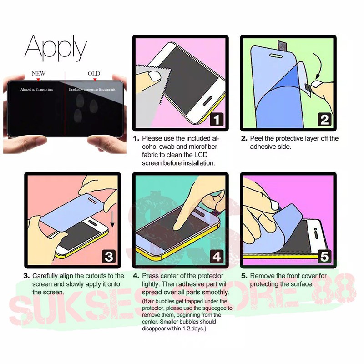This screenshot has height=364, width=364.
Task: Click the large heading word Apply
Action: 56,48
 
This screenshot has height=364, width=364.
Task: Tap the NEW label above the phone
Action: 39,73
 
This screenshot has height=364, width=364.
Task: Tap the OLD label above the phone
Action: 94,73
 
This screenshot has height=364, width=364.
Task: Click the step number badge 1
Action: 217,120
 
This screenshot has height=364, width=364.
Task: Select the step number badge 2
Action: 324,120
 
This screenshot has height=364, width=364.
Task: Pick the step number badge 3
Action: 109,257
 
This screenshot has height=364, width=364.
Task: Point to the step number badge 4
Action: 217,257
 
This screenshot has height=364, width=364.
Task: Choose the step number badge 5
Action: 324,257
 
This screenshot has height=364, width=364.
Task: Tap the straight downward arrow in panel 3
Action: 112,219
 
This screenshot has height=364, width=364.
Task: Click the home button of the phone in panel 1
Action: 207,101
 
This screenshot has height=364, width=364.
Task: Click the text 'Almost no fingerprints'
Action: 37,89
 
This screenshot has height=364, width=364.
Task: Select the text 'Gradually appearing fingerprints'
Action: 92,89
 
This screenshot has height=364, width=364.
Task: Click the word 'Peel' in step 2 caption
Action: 257,138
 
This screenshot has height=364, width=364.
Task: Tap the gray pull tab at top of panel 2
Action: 282,45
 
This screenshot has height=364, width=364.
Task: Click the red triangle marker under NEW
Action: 38,80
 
